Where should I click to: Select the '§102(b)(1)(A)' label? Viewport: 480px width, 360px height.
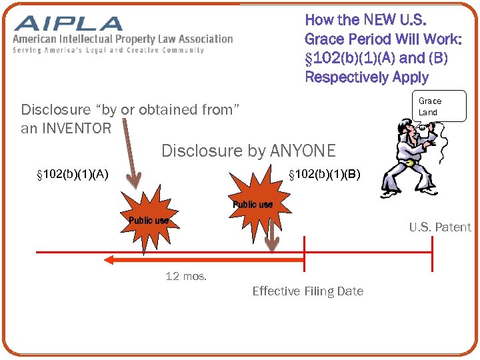point(73,175)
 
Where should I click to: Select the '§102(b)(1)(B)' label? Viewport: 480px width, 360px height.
point(324,175)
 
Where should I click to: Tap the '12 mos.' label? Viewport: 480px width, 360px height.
point(186,276)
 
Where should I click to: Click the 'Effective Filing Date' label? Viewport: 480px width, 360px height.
point(307,291)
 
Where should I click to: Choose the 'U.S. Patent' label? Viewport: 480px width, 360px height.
point(439,227)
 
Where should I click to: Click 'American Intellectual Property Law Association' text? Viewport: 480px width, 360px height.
point(123,39)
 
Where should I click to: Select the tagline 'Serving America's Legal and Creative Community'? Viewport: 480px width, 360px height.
point(108,51)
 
